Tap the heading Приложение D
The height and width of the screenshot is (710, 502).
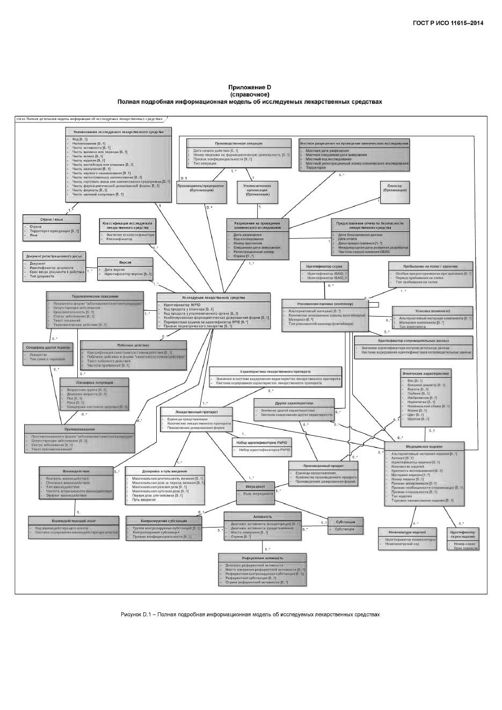250,87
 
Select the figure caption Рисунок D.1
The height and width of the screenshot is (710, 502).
250,614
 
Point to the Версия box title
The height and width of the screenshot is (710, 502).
125,262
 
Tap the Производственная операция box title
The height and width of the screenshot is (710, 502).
238,143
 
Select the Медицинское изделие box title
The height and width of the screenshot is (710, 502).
424,447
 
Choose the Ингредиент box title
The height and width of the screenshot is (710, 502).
256,486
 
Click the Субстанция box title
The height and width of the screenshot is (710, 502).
345,522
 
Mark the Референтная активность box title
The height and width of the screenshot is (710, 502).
262,558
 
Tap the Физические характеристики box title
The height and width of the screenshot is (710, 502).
426,372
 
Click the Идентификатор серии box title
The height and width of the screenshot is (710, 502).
324,266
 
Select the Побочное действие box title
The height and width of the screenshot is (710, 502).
133,345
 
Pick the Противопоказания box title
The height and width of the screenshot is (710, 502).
79,429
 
